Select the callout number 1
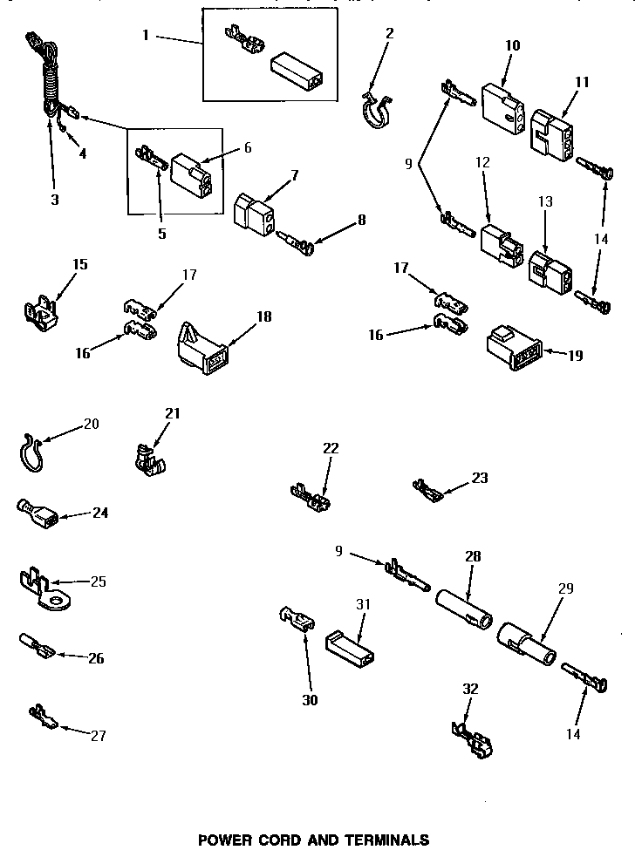pyautogui.click(x=146, y=36)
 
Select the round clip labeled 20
pyautogui.click(x=31, y=452)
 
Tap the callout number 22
pyautogui.click(x=331, y=448)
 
